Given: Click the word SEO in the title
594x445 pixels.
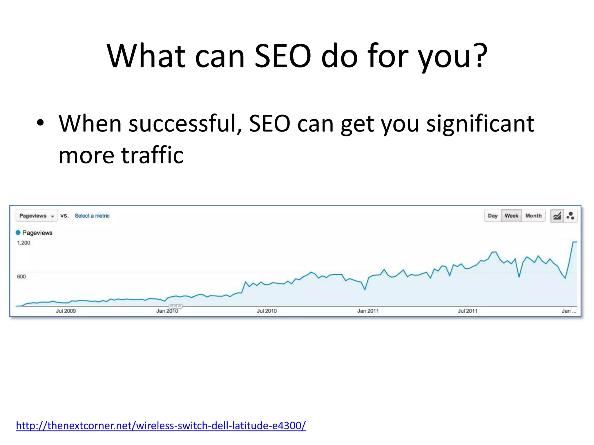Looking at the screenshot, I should [283, 56].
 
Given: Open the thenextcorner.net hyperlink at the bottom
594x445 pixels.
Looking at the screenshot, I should [161, 426].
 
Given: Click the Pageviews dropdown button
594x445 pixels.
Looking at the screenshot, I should [37, 216].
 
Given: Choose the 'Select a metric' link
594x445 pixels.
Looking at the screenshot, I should [92, 216].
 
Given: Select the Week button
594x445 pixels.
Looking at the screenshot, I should [511, 216].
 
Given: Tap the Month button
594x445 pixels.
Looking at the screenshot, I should [533, 216].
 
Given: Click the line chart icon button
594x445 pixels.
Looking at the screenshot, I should [557, 216].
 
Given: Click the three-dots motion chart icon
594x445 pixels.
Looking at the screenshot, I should [570, 216].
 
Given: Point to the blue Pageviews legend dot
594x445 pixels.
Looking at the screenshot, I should [18, 233].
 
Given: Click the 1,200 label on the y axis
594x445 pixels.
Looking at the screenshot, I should [23, 243].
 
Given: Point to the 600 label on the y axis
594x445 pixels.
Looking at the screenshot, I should [21, 277].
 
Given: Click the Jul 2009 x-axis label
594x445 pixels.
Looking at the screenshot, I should [66, 311].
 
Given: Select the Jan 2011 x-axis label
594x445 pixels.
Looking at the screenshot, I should [368, 311].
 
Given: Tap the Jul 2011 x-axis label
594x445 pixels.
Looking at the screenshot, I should [467, 311].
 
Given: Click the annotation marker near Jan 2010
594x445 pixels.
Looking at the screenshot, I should [175, 306].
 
